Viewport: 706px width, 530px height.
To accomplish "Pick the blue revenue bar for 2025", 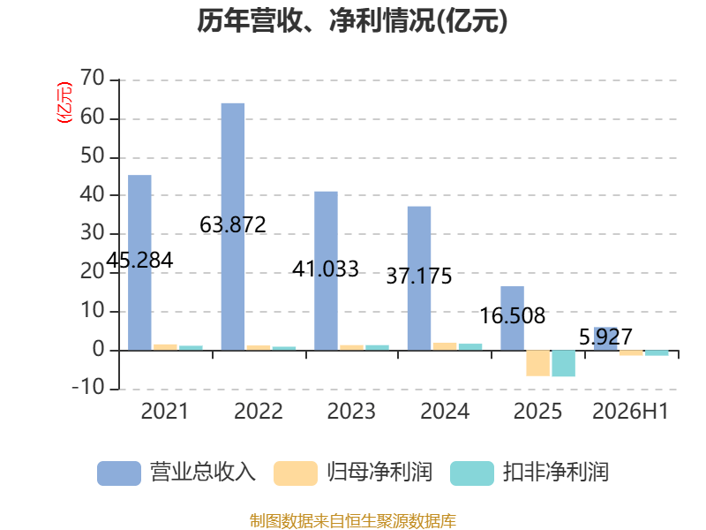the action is [x=513, y=318].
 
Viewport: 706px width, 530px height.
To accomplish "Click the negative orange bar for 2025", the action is [x=538, y=363].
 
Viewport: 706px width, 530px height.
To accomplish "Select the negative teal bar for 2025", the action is [x=564, y=363].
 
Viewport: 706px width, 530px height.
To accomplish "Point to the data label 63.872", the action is [x=233, y=225].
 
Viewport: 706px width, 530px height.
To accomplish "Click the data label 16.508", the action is [x=513, y=315].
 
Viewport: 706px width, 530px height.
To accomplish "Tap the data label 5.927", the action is [x=605, y=337].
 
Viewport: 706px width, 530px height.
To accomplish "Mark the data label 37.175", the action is [x=419, y=276].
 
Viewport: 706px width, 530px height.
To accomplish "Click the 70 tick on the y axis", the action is [x=93, y=79].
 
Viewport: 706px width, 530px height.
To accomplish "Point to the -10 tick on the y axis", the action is [x=88, y=388].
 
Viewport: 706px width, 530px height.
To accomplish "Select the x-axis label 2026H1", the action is [x=630, y=412].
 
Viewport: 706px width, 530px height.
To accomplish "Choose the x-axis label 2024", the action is [x=445, y=412].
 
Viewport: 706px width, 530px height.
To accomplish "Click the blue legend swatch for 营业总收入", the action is [x=119, y=473].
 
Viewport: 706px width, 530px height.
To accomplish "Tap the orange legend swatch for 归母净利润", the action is [x=296, y=473].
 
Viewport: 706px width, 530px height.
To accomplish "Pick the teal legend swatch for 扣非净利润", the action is [x=472, y=473].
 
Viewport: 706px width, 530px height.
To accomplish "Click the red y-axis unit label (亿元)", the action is [x=64, y=102].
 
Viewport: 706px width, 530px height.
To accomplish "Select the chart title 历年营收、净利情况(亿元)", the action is [x=352, y=20].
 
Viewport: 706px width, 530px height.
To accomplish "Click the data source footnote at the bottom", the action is [x=353, y=521].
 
